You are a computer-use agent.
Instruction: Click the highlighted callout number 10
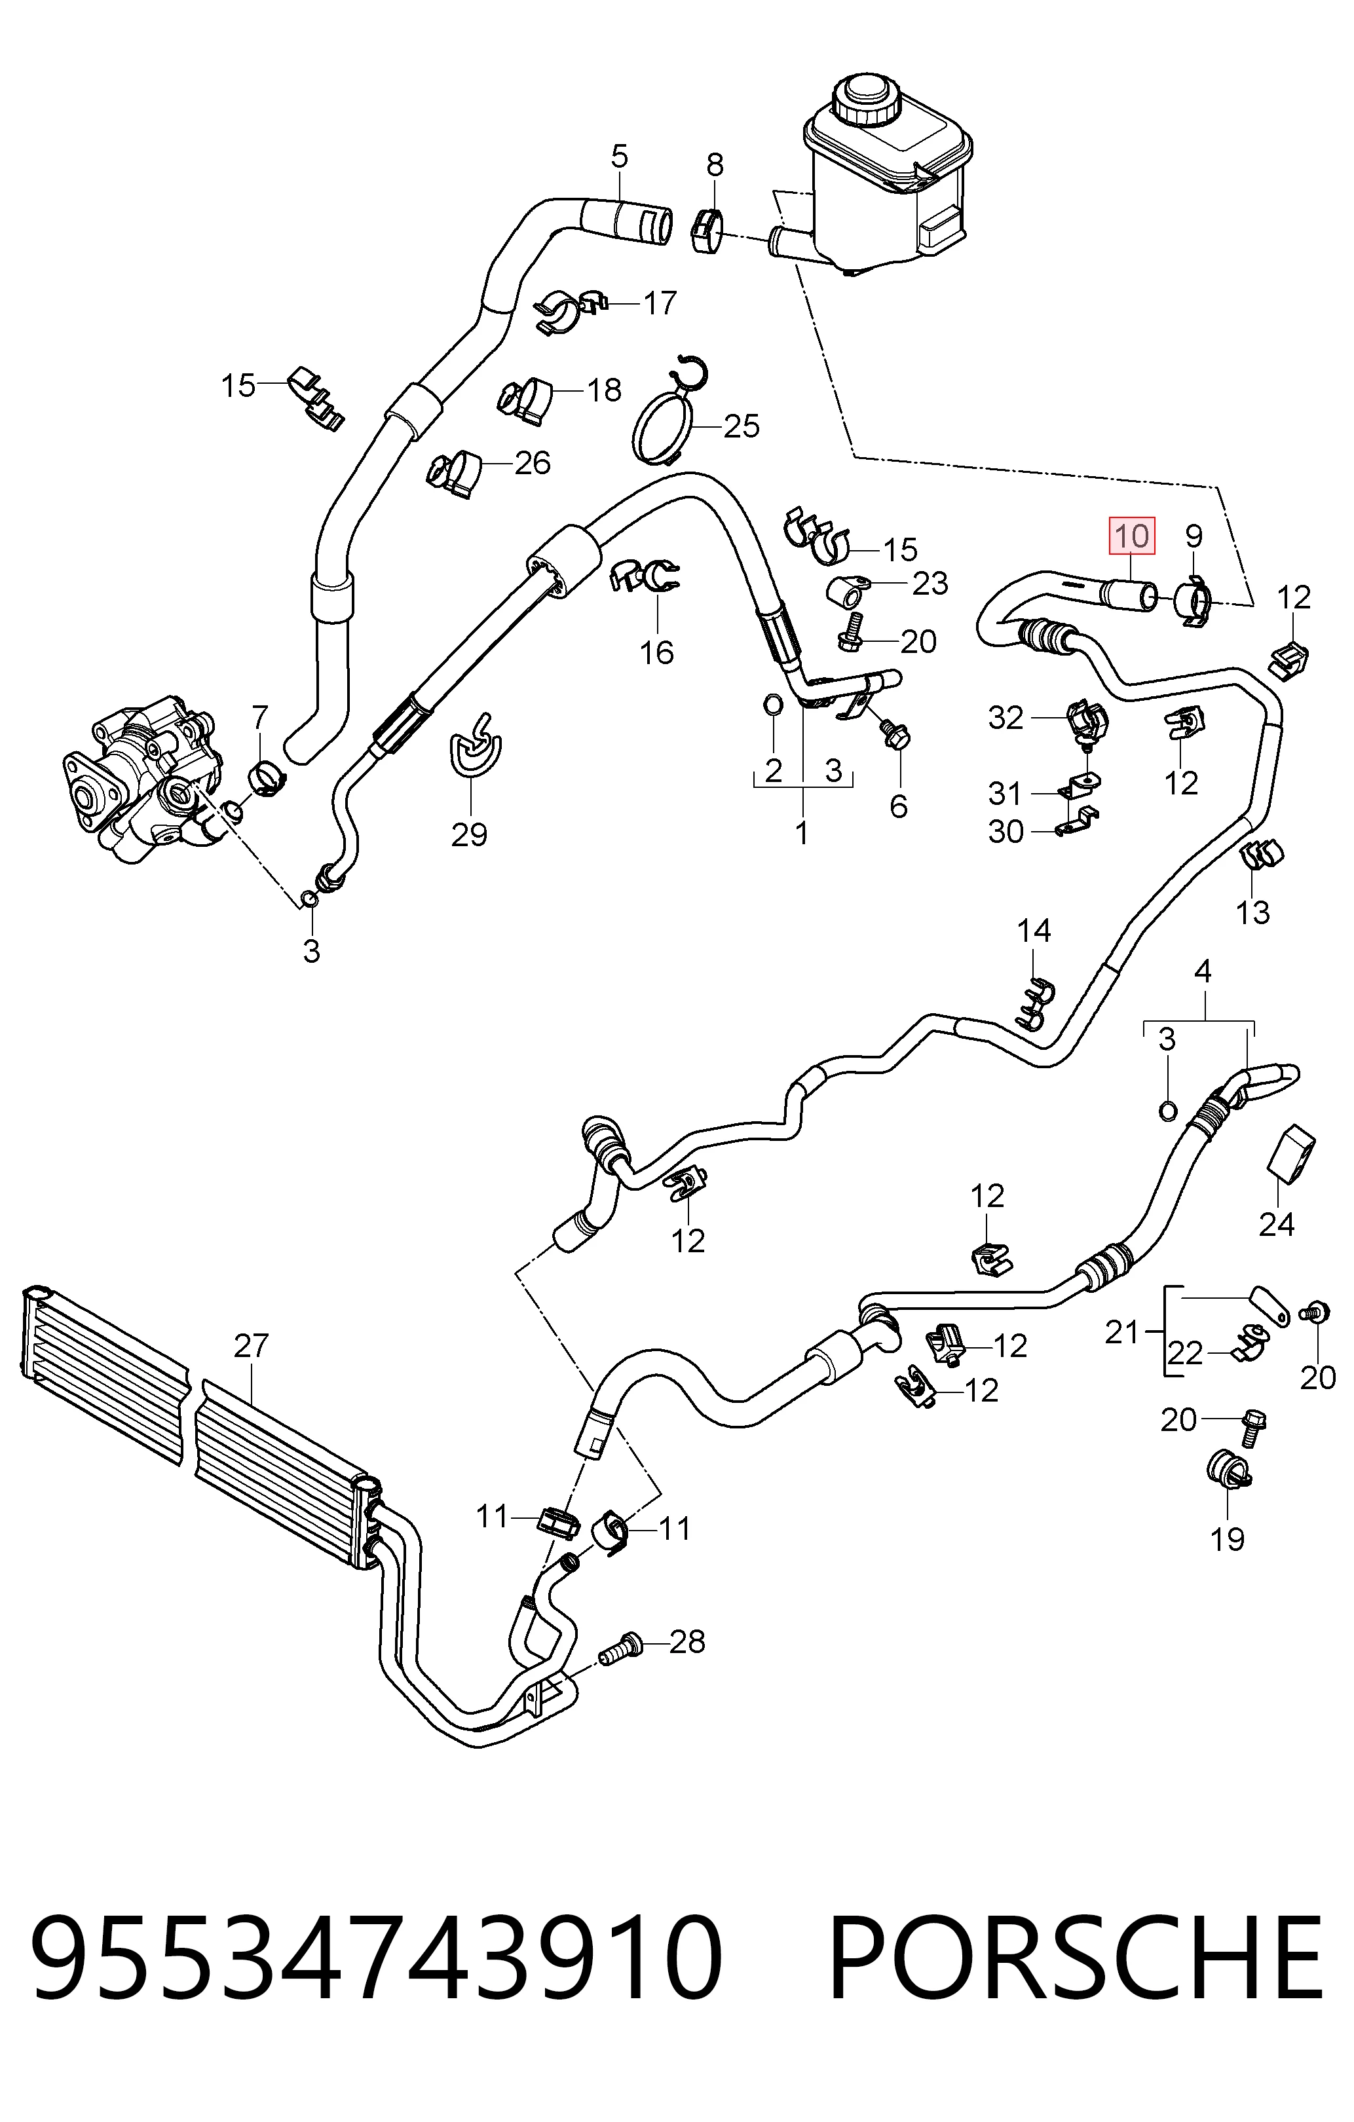pyautogui.click(x=1132, y=536)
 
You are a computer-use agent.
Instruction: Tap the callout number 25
pyautogui.click(x=742, y=426)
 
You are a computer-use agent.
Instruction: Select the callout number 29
pyautogui.click(x=469, y=834)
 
